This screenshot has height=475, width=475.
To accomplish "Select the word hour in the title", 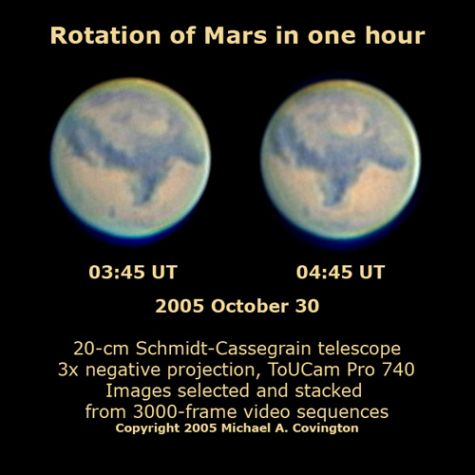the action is [x=394, y=35].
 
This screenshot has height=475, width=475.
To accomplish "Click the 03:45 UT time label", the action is [x=133, y=272].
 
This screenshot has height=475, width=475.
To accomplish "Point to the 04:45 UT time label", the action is [x=340, y=272].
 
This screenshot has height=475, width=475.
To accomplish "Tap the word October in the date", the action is [x=250, y=306].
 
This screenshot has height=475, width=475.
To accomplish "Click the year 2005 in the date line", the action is [x=180, y=306].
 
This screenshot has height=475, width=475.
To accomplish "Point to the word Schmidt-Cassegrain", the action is [x=224, y=349].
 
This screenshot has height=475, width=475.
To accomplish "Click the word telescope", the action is [x=359, y=349].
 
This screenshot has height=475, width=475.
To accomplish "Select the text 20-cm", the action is [x=102, y=349].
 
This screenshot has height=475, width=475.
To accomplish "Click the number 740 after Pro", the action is [x=399, y=370].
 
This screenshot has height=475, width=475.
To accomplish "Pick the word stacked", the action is [x=329, y=390].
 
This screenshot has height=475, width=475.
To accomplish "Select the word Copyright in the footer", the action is [x=147, y=428].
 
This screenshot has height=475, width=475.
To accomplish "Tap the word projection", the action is [x=214, y=370].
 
